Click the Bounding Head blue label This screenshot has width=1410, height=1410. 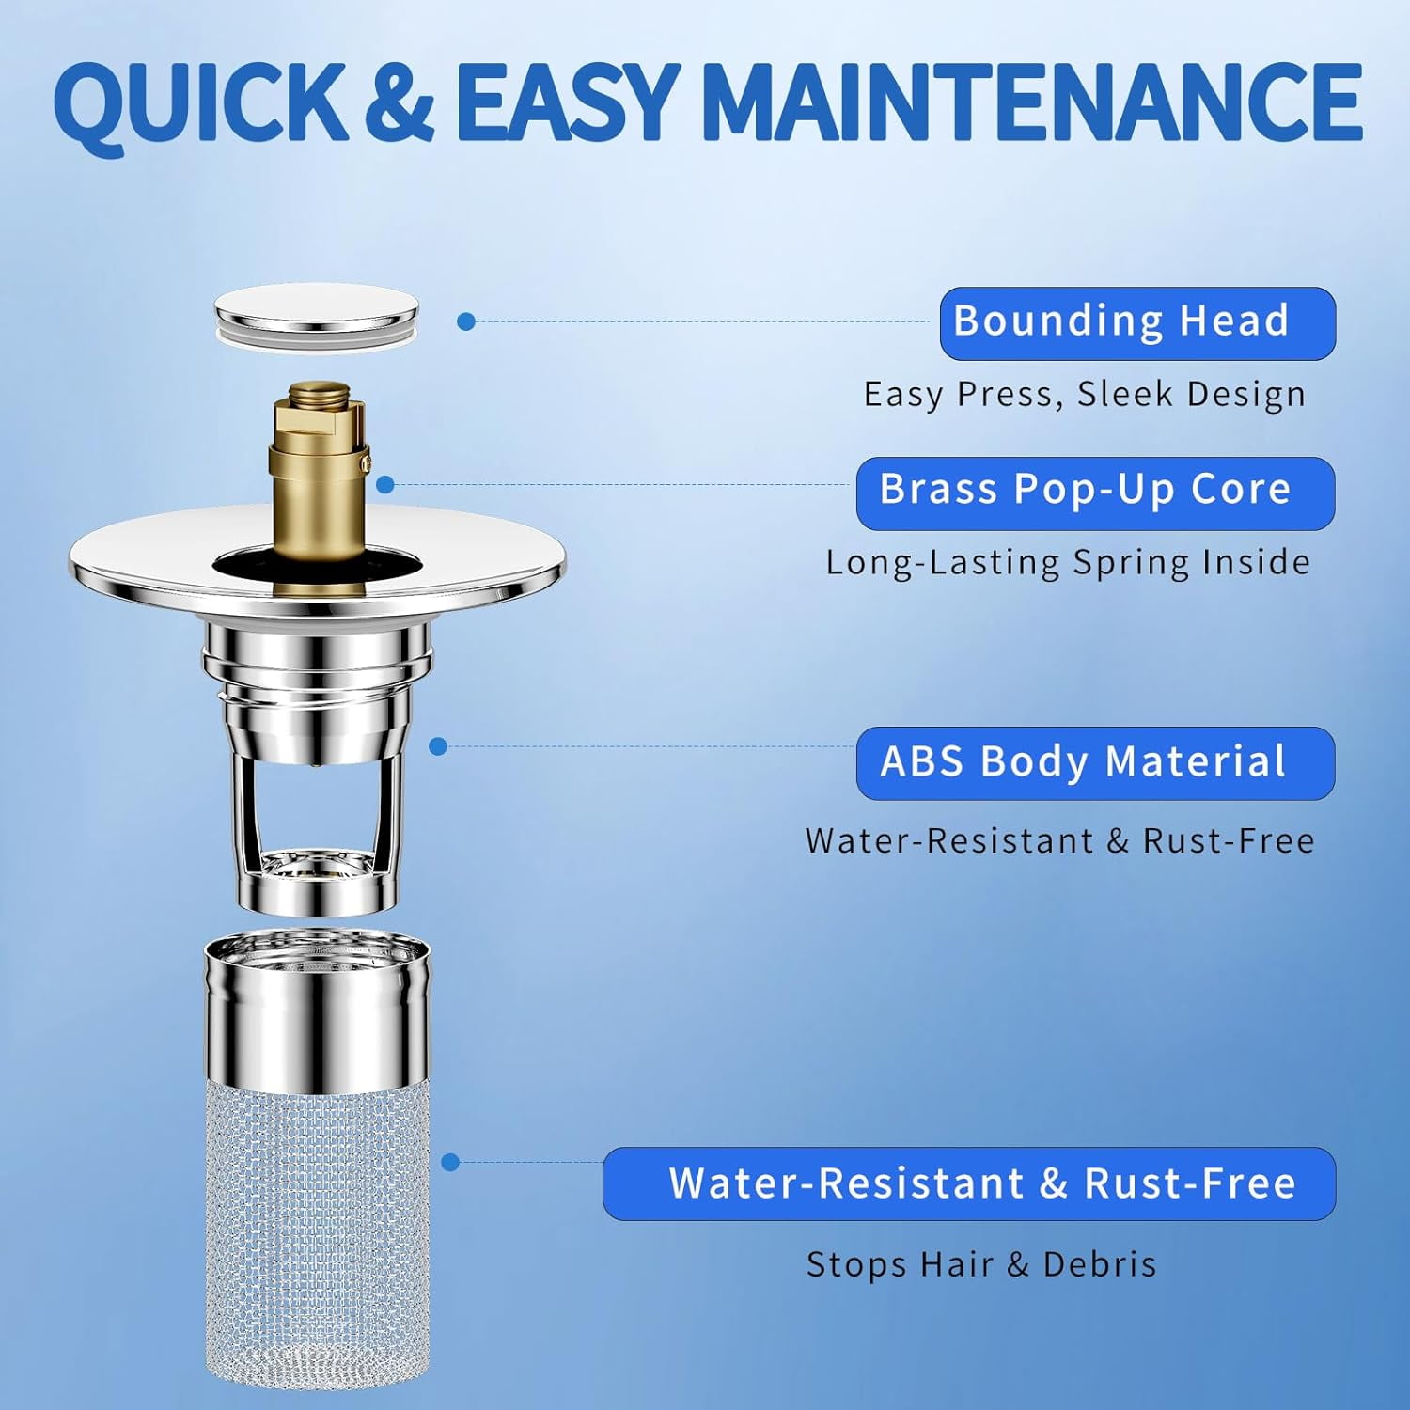point(1136,323)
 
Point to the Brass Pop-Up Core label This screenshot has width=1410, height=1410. point(1094,493)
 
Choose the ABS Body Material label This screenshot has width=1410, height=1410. point(1094,762)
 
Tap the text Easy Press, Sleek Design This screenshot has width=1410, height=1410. point(1084,395)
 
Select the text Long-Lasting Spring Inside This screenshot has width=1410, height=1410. point(1068,563)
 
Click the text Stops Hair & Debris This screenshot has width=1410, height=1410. point(981,1264)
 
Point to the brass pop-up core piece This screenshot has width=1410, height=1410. point(318,489)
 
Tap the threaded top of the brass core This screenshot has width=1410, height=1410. point(318,393)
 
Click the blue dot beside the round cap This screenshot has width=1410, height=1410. point(465,321)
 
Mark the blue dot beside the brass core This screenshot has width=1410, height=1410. point(384,485)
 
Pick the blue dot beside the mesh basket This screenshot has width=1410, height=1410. point(450,1163)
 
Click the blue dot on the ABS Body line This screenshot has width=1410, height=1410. point(437,746)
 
